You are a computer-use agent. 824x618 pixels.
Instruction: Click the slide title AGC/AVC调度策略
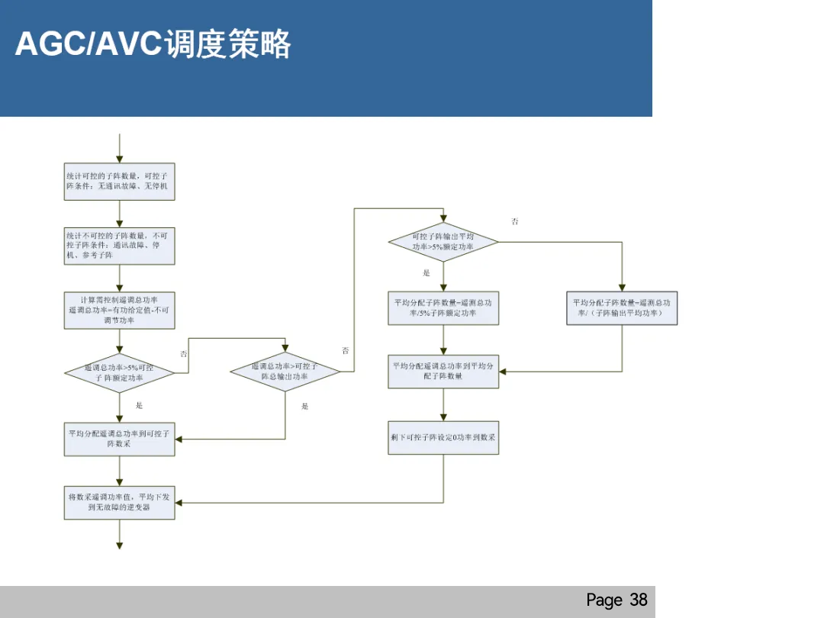(x=153, y=44)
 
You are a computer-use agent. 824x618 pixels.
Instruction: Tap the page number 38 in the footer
(x=639, y=600)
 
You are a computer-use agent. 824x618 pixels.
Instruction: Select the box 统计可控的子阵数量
(x=119, y=182)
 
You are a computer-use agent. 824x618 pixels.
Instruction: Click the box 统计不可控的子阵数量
(x=119, y=246)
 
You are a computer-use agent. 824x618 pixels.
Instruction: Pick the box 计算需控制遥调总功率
(x=119, y=311)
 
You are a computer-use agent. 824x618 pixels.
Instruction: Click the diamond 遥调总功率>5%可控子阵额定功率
(x=119, y=373)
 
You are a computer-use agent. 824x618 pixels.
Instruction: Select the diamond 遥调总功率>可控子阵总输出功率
(x=285, y=372)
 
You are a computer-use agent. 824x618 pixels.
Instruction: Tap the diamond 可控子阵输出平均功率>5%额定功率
(x=443, y=243)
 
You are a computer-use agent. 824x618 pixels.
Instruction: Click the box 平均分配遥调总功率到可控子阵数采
(x=119, y=439)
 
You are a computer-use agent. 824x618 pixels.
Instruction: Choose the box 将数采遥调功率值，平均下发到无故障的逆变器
(x=119, y=502)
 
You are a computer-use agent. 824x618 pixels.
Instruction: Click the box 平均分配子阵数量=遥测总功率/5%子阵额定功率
(x=443, y=308)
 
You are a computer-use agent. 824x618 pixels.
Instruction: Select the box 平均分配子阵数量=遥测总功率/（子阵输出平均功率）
(x=622, y=308)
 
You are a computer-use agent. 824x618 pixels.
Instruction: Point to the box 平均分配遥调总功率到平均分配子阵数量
(x=443, y=372)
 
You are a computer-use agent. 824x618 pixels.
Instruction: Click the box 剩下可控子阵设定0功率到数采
(x=443, y=438)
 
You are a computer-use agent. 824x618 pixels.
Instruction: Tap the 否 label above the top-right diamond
(x=515, y=222)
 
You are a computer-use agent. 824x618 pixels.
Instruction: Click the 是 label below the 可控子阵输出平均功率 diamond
(x=426, y=273)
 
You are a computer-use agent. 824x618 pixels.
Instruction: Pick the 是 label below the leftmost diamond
(x=139, y=406)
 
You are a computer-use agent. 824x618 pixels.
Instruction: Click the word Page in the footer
(x=604, y=600)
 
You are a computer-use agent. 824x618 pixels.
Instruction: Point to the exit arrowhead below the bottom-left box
(x=120, y=545)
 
